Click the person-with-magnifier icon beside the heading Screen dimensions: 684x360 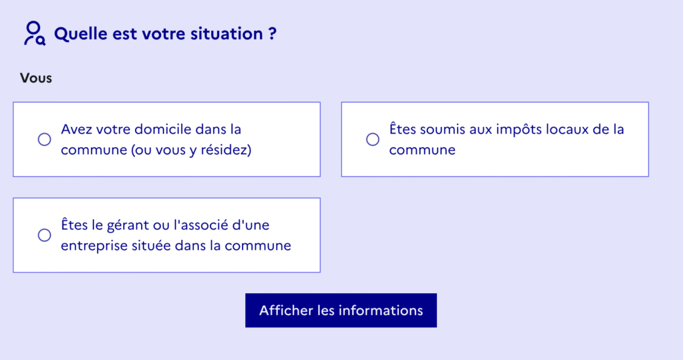point(35,33)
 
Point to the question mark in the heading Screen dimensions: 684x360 point(273,33)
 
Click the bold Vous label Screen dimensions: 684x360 point(36,78)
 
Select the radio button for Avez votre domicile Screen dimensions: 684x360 point(45,139)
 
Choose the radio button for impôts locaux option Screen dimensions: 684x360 point(373,139)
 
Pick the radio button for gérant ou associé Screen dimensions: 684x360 point(45,235)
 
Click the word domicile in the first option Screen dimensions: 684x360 point(163,129)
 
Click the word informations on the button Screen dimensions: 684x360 point(381,311)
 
